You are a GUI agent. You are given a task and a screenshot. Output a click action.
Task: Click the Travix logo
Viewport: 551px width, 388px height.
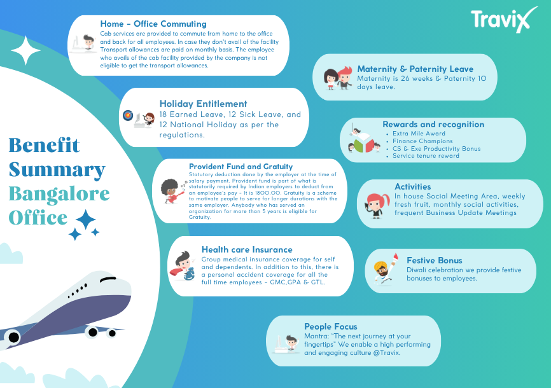click(505, 20)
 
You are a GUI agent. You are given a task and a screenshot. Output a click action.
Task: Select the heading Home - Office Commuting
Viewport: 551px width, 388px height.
click(153, 24)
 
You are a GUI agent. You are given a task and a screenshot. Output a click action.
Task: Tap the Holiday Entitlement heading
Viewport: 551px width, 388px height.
click(203, 104)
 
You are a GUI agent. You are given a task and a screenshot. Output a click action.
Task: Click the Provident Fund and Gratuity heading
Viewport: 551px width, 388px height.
click(241, 167)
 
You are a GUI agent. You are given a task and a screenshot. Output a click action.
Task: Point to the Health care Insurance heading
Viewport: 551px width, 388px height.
click(247, 249)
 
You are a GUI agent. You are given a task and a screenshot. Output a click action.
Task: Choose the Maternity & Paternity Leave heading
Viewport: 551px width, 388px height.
click(415, 69)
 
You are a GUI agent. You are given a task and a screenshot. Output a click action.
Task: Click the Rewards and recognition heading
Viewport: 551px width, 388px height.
click(433, 125)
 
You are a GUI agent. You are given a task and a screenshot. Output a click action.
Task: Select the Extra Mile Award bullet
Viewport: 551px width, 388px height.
click(419, 134)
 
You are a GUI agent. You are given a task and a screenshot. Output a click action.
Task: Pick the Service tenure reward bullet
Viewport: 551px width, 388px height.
click(426, 156)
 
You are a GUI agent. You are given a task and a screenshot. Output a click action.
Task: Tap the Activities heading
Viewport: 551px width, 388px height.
click(412, 186)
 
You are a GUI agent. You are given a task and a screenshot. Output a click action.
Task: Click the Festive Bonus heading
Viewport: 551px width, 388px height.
click(435, 260)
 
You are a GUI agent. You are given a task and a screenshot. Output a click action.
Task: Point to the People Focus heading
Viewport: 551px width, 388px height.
click(331, 327)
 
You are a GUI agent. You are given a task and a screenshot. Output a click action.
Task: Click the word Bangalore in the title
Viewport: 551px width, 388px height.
click(59, 193)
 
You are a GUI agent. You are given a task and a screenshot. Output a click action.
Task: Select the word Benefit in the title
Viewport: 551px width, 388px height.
click(45, 145)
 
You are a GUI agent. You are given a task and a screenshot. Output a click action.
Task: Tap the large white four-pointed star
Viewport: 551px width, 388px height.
click(25, 51)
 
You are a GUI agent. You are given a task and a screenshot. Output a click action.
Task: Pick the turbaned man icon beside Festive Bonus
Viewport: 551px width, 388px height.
click(386, 269)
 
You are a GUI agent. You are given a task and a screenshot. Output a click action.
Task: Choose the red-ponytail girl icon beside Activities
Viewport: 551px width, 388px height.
click(377, 205)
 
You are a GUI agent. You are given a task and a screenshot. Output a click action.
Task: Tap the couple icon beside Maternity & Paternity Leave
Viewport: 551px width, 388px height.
click(338, 78)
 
